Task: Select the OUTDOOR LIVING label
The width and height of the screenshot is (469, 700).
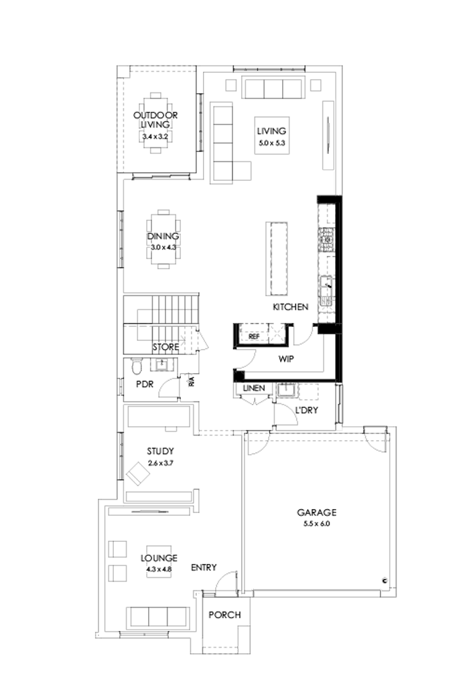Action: pos(155,119)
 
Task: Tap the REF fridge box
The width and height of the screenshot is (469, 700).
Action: pos(253,336)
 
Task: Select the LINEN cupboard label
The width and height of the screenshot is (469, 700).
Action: pos(254,389)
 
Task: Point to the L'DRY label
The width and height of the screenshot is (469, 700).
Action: pos(306,410)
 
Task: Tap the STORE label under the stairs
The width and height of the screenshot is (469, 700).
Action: pos(165,347)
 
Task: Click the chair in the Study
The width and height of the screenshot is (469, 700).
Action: pos(139,475)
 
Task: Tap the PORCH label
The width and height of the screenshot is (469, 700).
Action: pos(224,615)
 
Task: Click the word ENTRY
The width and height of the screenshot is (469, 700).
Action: pos(204,567)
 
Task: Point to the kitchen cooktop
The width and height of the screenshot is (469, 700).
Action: pos(327,237)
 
